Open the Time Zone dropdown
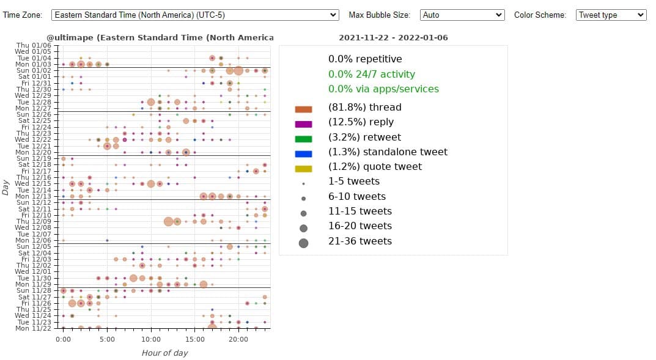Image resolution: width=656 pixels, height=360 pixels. tap(195, 15)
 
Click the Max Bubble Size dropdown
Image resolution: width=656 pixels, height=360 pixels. tap(462, 15)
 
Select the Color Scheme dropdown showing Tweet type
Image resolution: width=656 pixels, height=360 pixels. tap(611, 15)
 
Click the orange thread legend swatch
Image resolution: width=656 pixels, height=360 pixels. tap(303, 109)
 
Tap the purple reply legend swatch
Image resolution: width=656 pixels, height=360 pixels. tap(303, 123)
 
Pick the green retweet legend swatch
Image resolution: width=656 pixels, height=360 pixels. tap(303, 139)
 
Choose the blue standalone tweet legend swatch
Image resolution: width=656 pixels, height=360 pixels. tap(303, 153)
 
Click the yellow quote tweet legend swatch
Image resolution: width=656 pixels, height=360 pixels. tap(303, 168)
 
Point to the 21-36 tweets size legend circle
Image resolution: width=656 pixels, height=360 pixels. tap(303, 243)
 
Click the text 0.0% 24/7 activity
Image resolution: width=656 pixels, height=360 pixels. tap(371, 74)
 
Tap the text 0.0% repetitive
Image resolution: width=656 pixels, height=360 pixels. tap(365, 59)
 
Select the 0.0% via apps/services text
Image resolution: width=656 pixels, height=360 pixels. tap(383, 89)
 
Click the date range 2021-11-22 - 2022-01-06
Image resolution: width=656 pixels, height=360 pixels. tap(393, 38)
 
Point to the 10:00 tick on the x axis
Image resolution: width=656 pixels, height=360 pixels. tap(151, 339)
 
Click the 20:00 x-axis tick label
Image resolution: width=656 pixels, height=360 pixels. tap(238, 339)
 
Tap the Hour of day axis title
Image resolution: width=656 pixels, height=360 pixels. tap(164, 353)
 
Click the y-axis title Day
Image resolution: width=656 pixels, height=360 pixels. tap(6, 186)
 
